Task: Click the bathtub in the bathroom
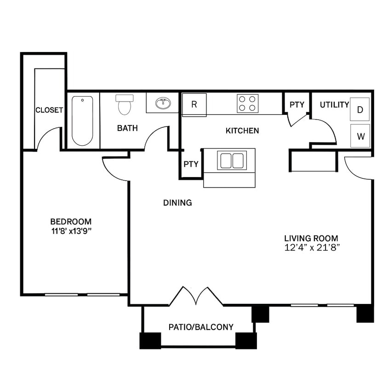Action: [x=82, y=120]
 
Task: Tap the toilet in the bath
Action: [x=124, y=105]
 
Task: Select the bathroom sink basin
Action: [x=162, y=103]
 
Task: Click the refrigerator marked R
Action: [x=194, y=104]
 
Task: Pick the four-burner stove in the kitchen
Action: [x=247, y=103]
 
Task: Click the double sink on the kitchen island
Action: [x=232, y=160]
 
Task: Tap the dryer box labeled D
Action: [x=360, y=109]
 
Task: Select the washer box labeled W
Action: [x=360, y=136]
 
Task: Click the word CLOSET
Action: [x=49, y=110]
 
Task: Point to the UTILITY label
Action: [x=334, y=105]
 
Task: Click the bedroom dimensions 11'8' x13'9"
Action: [x=71, y=231]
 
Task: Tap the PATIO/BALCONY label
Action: [x=201, y=327]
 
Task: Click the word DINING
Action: [x=177, y=203]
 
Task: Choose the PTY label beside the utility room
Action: [x=297, y=105]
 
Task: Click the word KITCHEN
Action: [x=242, y=131]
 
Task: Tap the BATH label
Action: [x=127, y=128]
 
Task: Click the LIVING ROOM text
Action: [x=311, y=238]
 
